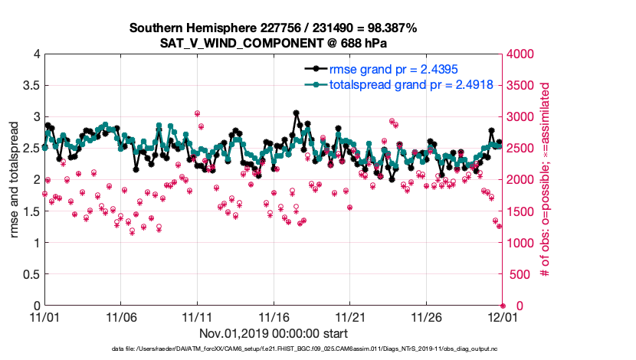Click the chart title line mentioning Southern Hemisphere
(273, 28)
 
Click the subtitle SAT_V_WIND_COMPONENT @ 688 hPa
(273, 43)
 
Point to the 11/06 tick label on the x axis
(120, 316)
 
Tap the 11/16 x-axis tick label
(274, 316)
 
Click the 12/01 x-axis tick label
(503, 316)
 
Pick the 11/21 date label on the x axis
(350, 316)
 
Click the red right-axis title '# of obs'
(545, 179)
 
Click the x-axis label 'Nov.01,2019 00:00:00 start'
(274, 333)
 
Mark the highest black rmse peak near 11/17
(297, 113)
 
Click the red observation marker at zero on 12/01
(503, 306)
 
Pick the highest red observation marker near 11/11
(198, 113)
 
